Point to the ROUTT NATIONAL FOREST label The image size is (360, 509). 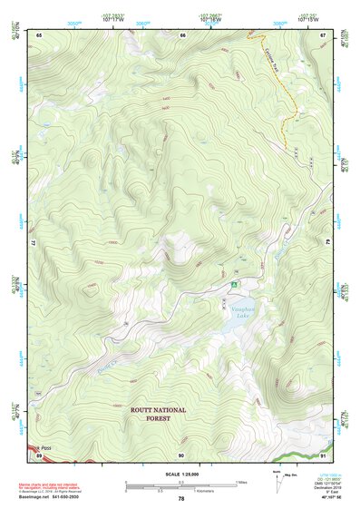tap(157, 414)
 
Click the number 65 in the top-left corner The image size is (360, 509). tap(40, 34)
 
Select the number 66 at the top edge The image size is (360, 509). tap(182, 34)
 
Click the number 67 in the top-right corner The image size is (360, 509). tap(323, 34)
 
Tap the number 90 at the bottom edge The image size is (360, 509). tap(181, 455)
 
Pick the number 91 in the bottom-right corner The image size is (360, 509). tap(323, 455)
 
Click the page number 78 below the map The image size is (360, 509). tap(181, 499)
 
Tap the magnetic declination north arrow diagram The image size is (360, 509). tap(277, 481)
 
